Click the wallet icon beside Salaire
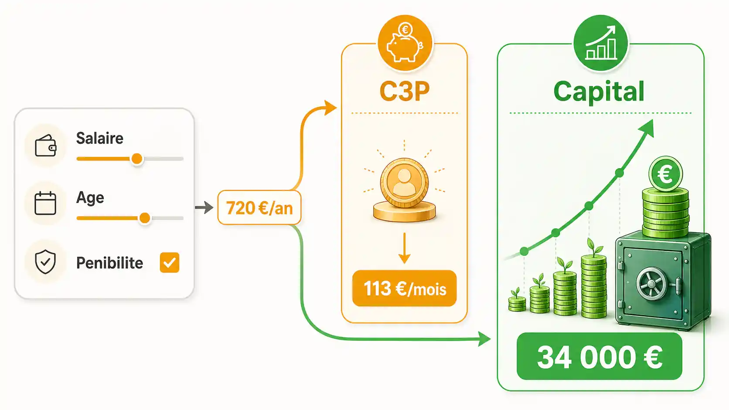(x=45, y=146)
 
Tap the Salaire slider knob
(x=137, y=159)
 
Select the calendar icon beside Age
(x=45, y=203)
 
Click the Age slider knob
(x=145, y=218)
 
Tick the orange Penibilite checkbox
(x=170, y=262)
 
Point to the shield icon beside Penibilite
(x=45, y=262)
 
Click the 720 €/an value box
(x=259, y=208)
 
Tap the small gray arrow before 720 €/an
(x=204, y=207)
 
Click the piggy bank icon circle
(x=405, y=43)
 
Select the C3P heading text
(x=405, y=91)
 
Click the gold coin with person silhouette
(x=404, y=183)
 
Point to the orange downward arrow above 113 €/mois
(x=404, y=248)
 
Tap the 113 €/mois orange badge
(x=405, y=288)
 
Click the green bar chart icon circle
(x=601, y=43)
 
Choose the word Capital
(x=599, y=91)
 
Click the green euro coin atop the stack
(x=665, y=174)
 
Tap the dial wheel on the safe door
(x=651, y=284)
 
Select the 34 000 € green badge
(x=600, y=356)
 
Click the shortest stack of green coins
(x=517, y=303)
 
